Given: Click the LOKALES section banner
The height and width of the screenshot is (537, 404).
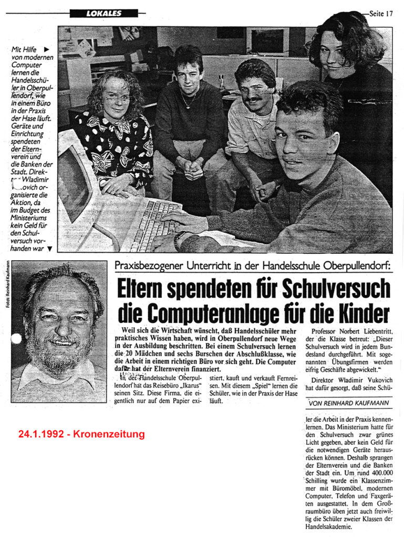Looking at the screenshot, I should click(x=103, y=14).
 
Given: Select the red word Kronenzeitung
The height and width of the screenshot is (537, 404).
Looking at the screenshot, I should click(x=112, y=434).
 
